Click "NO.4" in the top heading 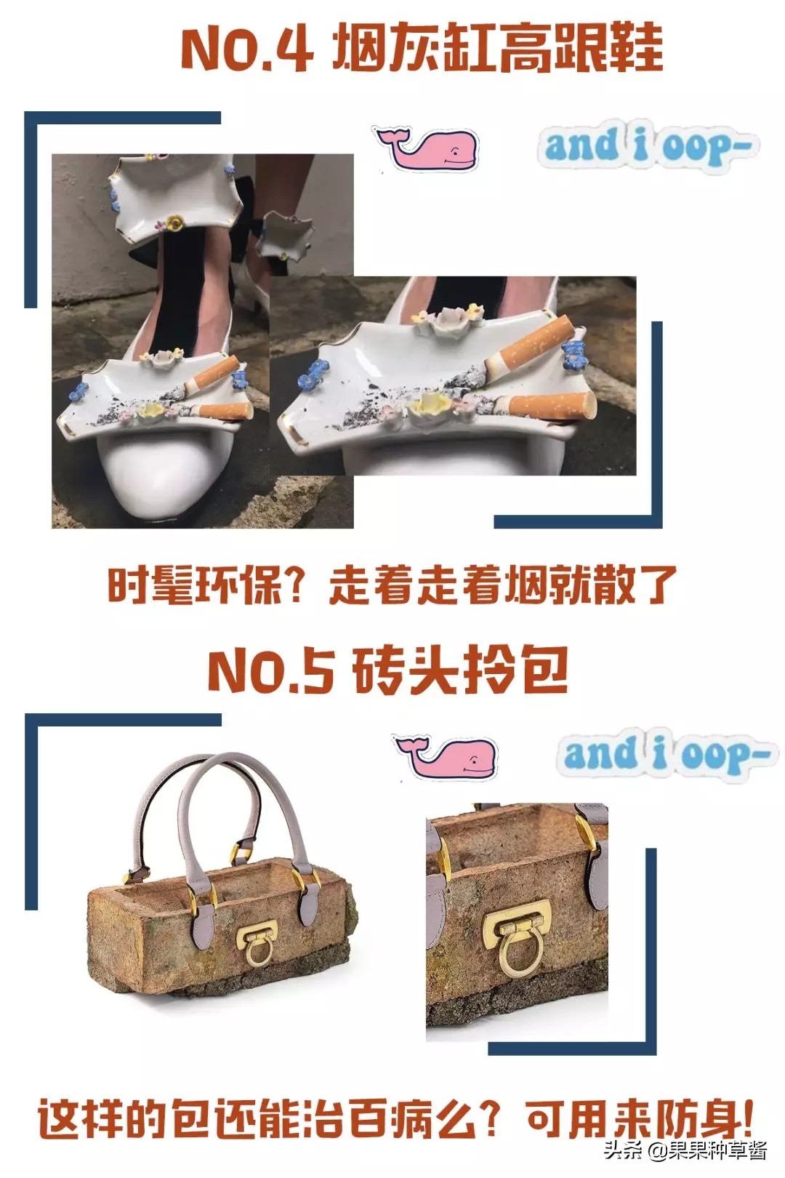coord(247,49)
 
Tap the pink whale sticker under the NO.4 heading coord(427,148)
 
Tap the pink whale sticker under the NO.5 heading coord(446,756)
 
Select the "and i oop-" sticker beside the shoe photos coord(648,147)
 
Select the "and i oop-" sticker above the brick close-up coord(666,754)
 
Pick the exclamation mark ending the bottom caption coord(744,1117)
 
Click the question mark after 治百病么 coord(491,1118)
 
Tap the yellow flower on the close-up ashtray coord(427,404)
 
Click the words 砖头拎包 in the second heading coord(459,670)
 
